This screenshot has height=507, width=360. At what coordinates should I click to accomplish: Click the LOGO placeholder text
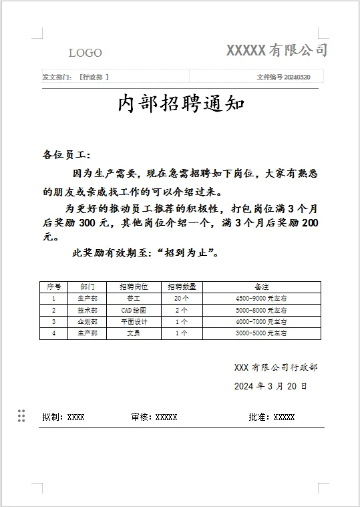85,53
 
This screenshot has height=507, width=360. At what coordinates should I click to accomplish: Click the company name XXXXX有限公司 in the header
277,49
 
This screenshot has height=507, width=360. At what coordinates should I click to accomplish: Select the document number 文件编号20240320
283,77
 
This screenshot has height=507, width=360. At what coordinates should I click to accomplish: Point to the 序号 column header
53,287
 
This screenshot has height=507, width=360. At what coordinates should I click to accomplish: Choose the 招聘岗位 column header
134,287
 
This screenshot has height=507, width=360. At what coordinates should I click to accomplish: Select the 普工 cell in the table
134,299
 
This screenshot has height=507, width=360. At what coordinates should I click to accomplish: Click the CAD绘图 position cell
134,310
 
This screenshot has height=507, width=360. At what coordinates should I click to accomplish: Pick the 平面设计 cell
134,321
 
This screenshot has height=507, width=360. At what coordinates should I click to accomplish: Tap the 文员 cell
134,333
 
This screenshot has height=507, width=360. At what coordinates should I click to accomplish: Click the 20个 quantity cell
181,299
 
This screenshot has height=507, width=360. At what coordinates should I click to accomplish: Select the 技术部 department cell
87,310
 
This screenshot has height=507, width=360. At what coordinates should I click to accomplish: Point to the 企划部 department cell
87,321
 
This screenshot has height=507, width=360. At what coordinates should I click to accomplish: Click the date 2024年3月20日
271,386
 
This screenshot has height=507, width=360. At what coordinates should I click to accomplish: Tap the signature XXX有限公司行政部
276,367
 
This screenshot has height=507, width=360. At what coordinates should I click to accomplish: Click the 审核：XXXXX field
154,417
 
